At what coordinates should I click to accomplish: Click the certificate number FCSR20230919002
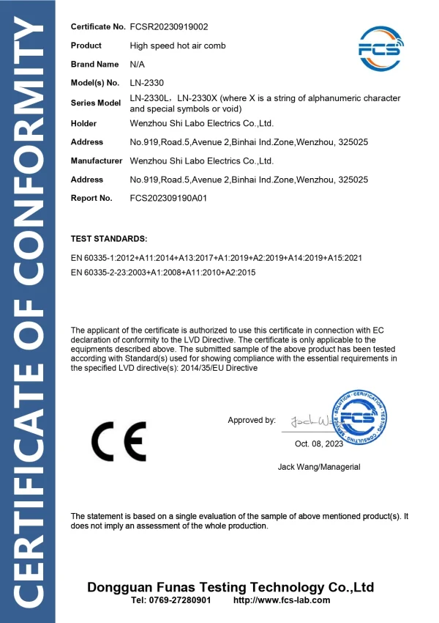click(x=169, y=27)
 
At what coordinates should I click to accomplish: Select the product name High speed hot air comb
click(x=178, y=45)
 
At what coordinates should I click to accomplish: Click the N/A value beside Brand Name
click(x=138, y=64)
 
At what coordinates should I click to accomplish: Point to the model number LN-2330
click(x=146, y=84)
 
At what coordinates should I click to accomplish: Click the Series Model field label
click(x=95, y=103)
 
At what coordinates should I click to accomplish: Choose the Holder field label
click(x=83, y=123)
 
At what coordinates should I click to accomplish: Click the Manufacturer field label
click(x=96, y=161)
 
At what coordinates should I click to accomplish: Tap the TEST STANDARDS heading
click(x=109, y=239)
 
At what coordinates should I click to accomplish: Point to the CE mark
click(x=118, y=440)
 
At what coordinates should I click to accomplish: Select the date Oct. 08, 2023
click(x=319, y=444)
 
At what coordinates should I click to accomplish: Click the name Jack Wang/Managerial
click(x=319, y=467)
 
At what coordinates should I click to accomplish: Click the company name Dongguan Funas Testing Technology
click(x=230, y=587)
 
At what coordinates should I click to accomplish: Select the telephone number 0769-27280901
click(x=170, y=600)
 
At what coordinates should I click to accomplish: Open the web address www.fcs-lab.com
click(x=281, y=600)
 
